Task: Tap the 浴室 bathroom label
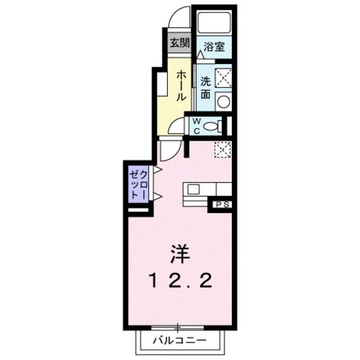click(x=214, y=46)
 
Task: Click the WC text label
click(x=197, y=126)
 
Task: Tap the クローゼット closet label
click(x=139, y=184)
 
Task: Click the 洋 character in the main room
click(x=179, y=255)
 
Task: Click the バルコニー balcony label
click(x=180, y=340)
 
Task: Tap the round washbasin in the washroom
click(x=223, y=101)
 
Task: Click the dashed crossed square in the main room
click(x=223, y=149)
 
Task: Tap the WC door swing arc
click(x=175, y=128)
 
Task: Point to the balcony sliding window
click(x=178, y=327)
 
